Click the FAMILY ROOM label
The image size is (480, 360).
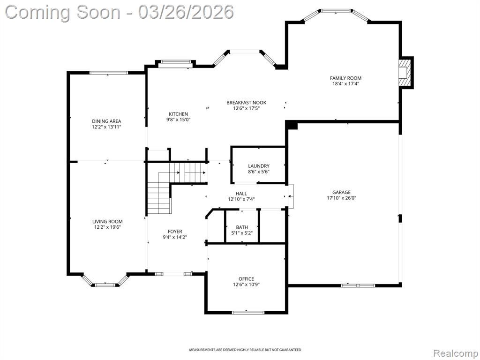coord(345,78)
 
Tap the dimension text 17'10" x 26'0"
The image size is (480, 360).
coord(341,198)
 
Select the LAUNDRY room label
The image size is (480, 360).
coord(259,166)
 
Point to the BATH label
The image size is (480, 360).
coord(242,227)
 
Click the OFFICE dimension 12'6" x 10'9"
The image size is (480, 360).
coord(247,285)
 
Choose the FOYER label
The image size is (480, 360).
coord(175,232)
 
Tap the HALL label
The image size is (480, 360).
coord(241,194)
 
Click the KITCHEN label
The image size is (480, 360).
coord(178,114)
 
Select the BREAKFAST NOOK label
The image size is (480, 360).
coord(247,103)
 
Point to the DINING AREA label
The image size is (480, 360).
coord(106,121)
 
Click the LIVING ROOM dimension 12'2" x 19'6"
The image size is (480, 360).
coord(107,227)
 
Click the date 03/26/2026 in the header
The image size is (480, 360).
coord(186,12)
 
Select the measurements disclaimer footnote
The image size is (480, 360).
coord(245,350)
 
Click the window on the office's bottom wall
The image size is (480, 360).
coord(248,313)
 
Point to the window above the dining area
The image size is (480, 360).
coord(109,73)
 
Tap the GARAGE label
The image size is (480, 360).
coord(341,192)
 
